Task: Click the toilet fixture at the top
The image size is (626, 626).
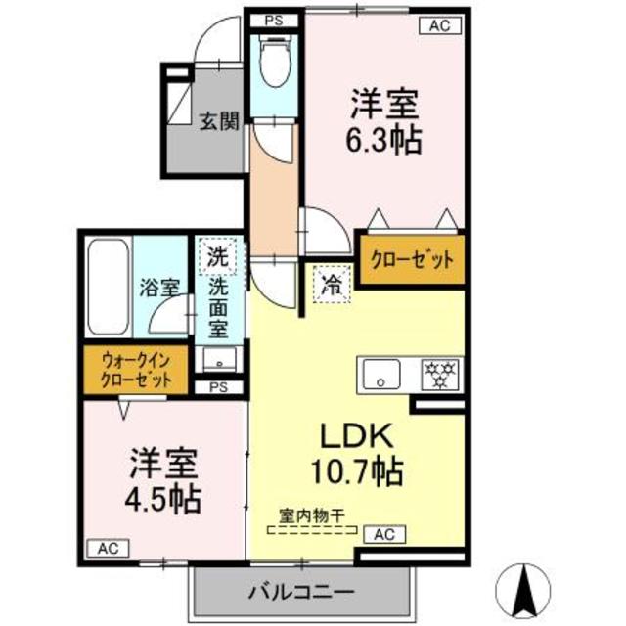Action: (275, 62)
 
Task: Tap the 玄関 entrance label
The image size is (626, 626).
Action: (220, 122)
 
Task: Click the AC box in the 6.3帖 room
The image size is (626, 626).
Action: (440, 27)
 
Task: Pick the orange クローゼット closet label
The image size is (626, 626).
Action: (412, 260)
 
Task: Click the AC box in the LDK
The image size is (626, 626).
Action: (384, 535)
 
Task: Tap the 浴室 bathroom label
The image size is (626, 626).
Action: (158, 288)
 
